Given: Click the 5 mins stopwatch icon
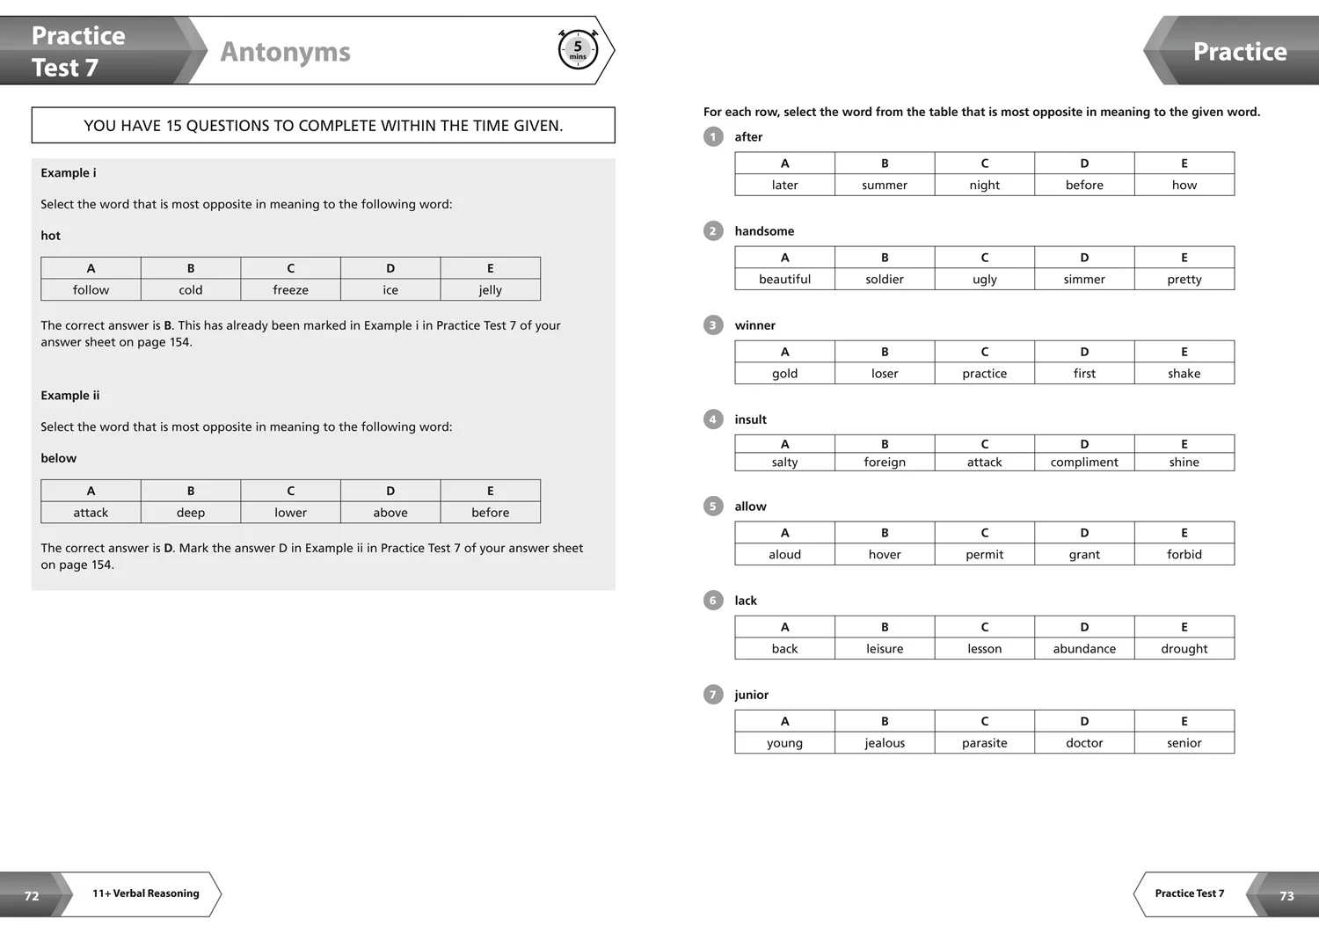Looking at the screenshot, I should click(x=578, y=49).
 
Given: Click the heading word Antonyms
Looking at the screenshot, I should click(x=285, y=52).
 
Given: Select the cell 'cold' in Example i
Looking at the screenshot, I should click(x=191, y=290).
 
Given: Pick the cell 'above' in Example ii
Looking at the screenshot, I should click(x=390, y=513).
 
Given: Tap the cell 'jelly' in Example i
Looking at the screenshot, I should click(x=490, y=290).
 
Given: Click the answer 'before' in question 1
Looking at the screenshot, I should click(x=1084, y=186).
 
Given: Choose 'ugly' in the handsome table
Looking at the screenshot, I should click(x=984, y=280).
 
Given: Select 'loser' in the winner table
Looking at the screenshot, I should click(x=885, y=374).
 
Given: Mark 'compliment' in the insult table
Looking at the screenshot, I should click(x=1084, y=463).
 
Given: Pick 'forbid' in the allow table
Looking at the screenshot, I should click(x=1184, y=555).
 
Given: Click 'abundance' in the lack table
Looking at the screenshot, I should click(x=1084, y=649).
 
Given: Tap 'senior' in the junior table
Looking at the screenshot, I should click(x=1184, y=743).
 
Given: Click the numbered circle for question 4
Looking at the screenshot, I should click(x=713, y=419).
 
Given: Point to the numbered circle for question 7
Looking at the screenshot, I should click(x=713, y=695).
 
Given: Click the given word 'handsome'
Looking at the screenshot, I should click(x=764, y=231).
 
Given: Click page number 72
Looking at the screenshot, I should click(x=32, y=896).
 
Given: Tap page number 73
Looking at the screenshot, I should click(x=1286, y=896).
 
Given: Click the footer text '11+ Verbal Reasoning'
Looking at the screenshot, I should click(x=146, y=893).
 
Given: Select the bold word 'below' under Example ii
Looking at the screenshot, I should click(x=59, y=458).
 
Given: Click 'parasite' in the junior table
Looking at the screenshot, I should click(x=984, y=743).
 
